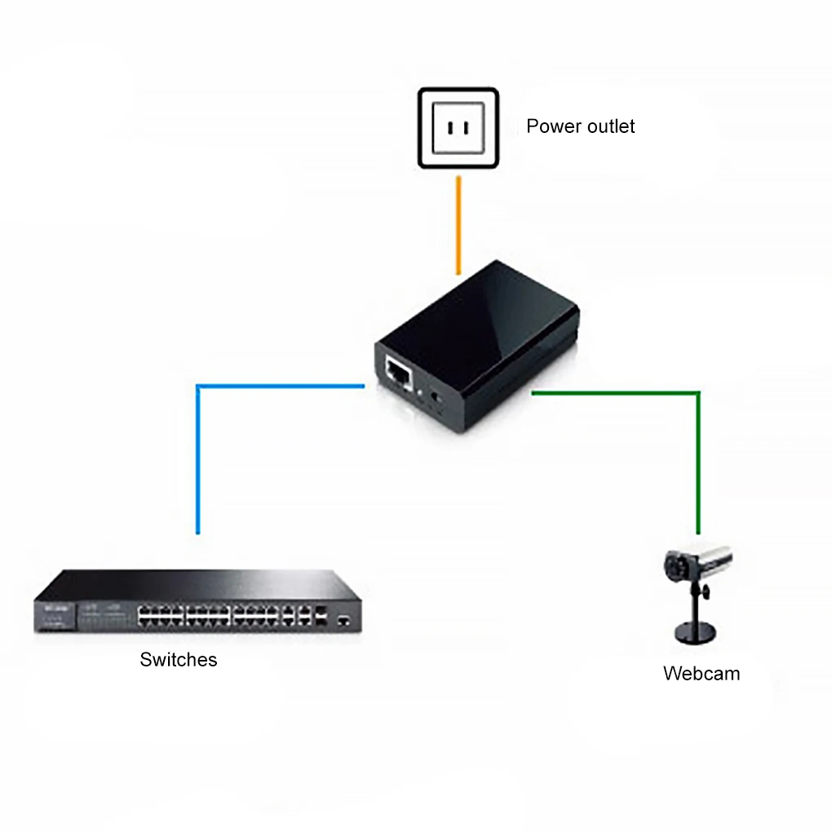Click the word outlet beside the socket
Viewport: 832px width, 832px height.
click(609, 126)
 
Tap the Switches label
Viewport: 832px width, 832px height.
click(179, 660)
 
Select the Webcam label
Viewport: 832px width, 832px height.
click(701, 674)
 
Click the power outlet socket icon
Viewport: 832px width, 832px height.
click(458, 128)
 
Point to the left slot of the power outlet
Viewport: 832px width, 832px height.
click(448, 128)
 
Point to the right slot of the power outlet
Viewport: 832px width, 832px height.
click(468, 128)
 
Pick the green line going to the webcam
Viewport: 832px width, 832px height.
click(698, 457)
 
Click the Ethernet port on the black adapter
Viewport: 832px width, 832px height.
click(398, 372)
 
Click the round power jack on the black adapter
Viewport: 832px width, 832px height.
click(434, 396)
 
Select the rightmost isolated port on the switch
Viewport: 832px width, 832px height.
click(344, 620)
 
